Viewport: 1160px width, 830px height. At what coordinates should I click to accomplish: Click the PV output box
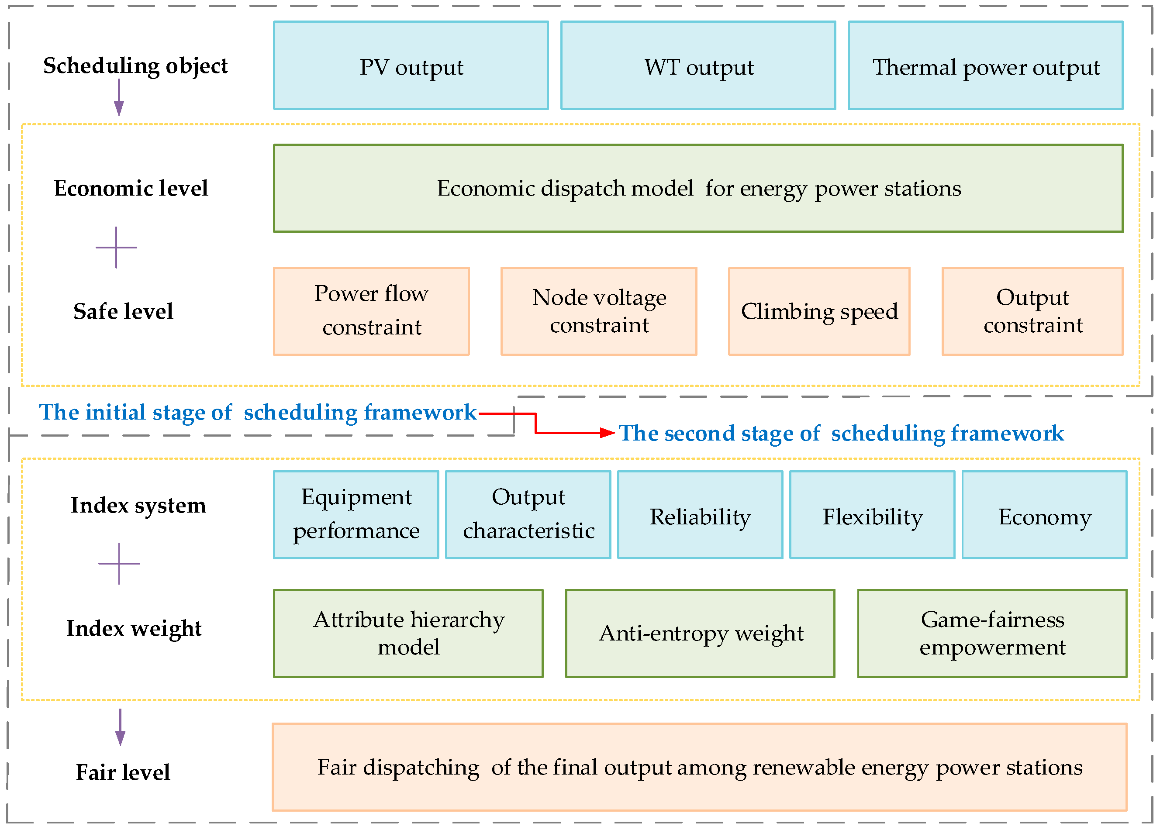click(411, 65)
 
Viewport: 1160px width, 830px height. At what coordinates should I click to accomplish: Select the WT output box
click(698, 65)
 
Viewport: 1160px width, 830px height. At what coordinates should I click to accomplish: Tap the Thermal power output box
click(985, 65)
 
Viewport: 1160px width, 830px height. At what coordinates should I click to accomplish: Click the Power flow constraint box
click(371, 311)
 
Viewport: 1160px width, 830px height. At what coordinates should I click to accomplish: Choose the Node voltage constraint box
click(599, 311)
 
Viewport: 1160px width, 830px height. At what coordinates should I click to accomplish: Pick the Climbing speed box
click(818, 311)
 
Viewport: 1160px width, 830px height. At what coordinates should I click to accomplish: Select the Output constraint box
click(1032, 311)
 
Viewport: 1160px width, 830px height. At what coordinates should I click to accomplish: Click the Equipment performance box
click(356, 514)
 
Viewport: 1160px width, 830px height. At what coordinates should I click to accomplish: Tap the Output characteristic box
click(528, 514)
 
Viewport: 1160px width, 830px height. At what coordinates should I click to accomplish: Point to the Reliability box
click(700, 514)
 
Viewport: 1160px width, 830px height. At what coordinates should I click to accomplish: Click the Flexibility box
click(872, 514)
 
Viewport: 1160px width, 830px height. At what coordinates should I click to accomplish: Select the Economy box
click(1044, 514)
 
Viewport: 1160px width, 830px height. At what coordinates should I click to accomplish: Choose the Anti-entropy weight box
click(700, 633)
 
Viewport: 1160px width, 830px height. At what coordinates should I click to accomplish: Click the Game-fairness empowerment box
click(992, 633)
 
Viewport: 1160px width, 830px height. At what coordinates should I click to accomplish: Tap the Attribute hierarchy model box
click(408, 633)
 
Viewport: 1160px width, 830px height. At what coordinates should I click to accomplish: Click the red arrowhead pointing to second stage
click(608, 433)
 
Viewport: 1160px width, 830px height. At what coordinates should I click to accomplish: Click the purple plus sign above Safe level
click(116, 248)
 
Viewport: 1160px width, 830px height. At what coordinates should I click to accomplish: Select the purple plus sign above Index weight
click(119, 564)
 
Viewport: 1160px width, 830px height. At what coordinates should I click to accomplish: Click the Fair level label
click(123, 772)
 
